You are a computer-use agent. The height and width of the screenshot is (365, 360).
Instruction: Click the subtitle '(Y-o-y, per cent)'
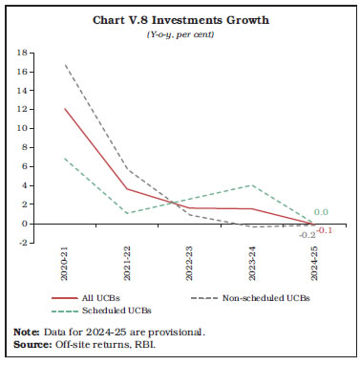pos(180,35)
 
